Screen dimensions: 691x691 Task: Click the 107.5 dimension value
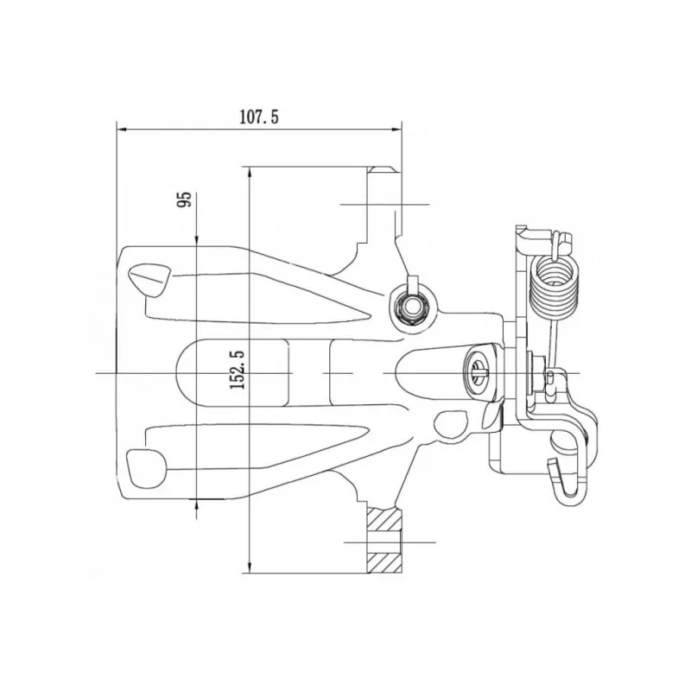258,117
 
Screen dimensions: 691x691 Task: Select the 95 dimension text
184,200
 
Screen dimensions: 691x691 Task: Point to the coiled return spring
555,288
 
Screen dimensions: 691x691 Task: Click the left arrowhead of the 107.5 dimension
122,130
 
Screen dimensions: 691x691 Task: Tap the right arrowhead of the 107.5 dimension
396,130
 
